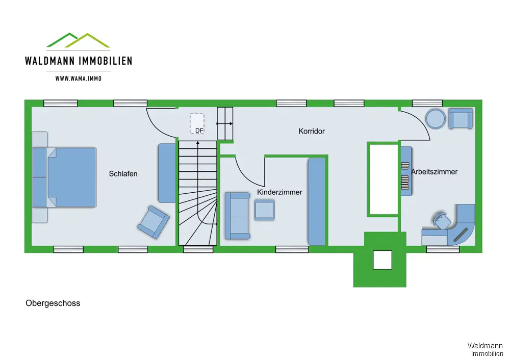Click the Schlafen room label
click(123, 174)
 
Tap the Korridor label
click(312, 131)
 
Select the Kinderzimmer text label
click(279, 192)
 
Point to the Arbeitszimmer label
click(434, 172)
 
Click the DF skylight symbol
click(197, 124)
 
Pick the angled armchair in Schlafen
click(153, 222)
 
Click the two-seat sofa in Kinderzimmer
click(237, 216)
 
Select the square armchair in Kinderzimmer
click(264, 210)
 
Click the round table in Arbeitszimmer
click(436, 119)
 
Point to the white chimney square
click(382, 260)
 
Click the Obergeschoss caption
click(53, 303)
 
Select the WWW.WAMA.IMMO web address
click(79, 79)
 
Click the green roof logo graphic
click(79, 40)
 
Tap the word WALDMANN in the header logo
click(49, 61)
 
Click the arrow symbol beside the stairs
click(225, 123)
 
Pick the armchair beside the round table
click(461, 119)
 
